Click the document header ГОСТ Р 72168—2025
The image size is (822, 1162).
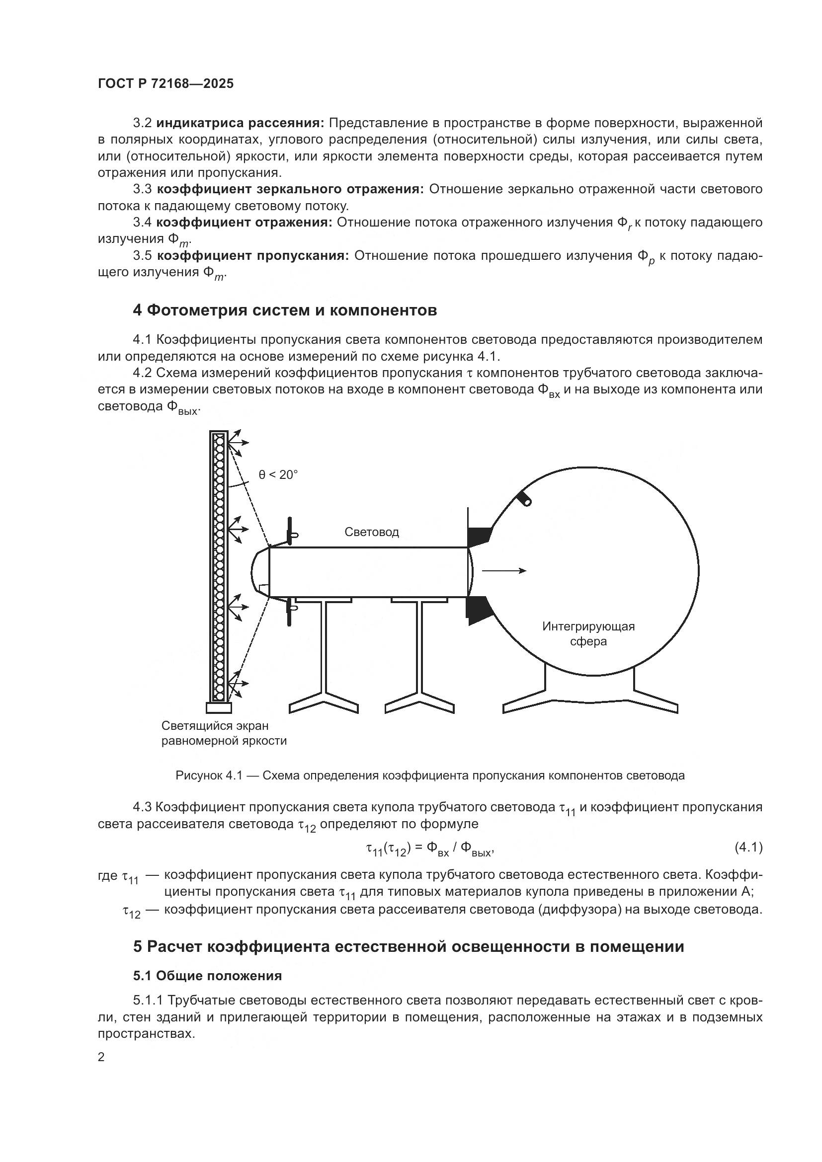(165, 84)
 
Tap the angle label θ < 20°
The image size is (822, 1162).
(278, 475)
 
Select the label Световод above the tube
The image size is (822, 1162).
(372, 532)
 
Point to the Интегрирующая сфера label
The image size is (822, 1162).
(588, 633)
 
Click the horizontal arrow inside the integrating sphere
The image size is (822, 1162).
(503, 571)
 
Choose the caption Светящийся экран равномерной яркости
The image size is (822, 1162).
(224, 733)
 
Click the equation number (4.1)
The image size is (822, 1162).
(748, 847)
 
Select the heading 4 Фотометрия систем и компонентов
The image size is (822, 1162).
(284, 310)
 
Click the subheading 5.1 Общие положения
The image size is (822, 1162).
(208, 975)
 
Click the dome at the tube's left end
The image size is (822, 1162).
(259, 572)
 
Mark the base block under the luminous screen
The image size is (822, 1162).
(219, 706)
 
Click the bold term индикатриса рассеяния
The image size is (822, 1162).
(241, 123)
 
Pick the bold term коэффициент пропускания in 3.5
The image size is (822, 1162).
(253, 256)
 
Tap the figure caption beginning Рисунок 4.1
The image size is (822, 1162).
(430, 775)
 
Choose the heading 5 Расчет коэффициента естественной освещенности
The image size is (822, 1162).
(409, 946)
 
